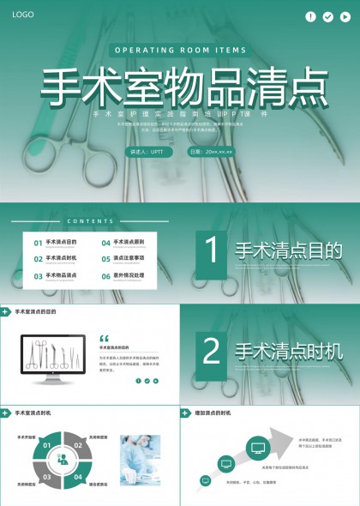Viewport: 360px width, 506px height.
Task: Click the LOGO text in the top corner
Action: [x=23, y=15]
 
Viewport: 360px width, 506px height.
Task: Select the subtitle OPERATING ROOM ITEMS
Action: [x=180, y=51]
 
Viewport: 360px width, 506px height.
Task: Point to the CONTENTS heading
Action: [x=89, y=221]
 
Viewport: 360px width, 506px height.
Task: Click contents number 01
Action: [x=39, y=243]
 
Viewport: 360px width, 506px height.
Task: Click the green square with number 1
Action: [x=213, y=251]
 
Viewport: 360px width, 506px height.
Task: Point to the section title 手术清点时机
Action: [x=289, y=351]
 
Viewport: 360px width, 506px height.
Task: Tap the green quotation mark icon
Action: [x=105, y=338]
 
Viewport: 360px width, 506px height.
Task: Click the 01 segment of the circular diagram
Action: [x=48, y=445]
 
